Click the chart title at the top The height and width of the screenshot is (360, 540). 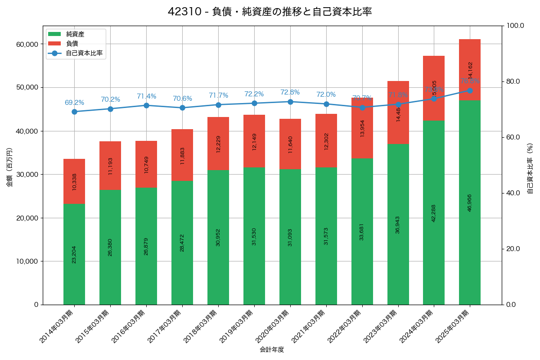(x=270, y=12)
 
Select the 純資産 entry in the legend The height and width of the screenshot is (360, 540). (x=75, y=34)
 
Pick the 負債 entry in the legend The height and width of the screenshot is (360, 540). (x=72, y=44)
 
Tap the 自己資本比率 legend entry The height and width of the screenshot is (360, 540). (x=84, y=53)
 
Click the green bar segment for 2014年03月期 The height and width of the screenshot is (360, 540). (x=74, y=254)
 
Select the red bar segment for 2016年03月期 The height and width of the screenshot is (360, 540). (x=146, y=164)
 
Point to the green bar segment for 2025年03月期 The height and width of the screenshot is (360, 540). (x=470, y=202)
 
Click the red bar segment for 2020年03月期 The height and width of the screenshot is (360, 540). (x=290, y=144)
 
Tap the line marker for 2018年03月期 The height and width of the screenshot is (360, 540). (x=218, y=105)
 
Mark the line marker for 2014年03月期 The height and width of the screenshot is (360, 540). (x=74, y=112)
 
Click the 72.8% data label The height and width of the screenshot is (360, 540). (x=290, y=92)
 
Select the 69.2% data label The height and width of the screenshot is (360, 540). (x=74, y=103)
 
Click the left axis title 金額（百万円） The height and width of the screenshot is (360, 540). (x=9, y=167)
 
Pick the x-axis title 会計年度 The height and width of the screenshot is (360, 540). (x=272, y=350)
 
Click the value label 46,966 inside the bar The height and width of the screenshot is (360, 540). (x=470, y=200)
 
